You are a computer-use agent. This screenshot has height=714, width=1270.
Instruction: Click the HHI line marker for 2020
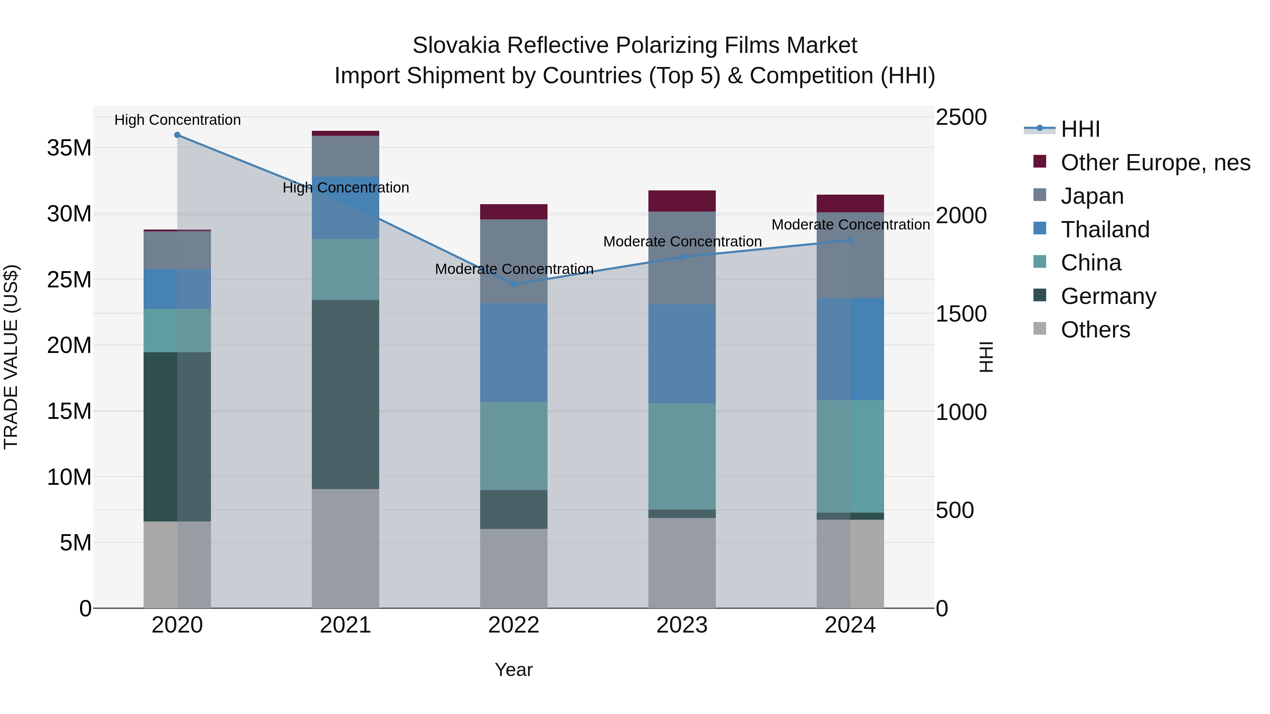(x=177, y=135)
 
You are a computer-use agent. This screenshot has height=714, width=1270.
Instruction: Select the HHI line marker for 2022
(x=514, y=284)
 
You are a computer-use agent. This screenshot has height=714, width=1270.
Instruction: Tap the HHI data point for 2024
(x=850, y=240)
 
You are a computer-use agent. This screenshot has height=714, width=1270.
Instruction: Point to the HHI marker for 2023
(x=682, y=257)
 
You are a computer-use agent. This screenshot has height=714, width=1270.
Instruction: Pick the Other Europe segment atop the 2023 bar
(x=682, y=201)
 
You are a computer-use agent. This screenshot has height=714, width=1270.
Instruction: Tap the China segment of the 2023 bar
(x=682, y=456)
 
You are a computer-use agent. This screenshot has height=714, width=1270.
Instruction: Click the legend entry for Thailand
(x=1105, y=230)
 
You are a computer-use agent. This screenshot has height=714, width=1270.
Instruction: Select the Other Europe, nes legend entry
(x=1155, y=163)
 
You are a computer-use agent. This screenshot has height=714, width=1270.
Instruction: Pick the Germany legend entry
(x=1108, y=296)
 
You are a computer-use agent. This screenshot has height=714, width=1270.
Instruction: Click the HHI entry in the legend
(x=1080, y=129)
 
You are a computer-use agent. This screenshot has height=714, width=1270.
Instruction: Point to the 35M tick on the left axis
(x=69, y=148)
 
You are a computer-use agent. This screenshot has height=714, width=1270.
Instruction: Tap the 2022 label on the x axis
(x=514, y=625)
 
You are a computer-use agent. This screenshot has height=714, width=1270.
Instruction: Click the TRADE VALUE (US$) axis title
(x=11, y=357)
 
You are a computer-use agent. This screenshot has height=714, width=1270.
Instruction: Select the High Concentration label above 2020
(x=177, y=120)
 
